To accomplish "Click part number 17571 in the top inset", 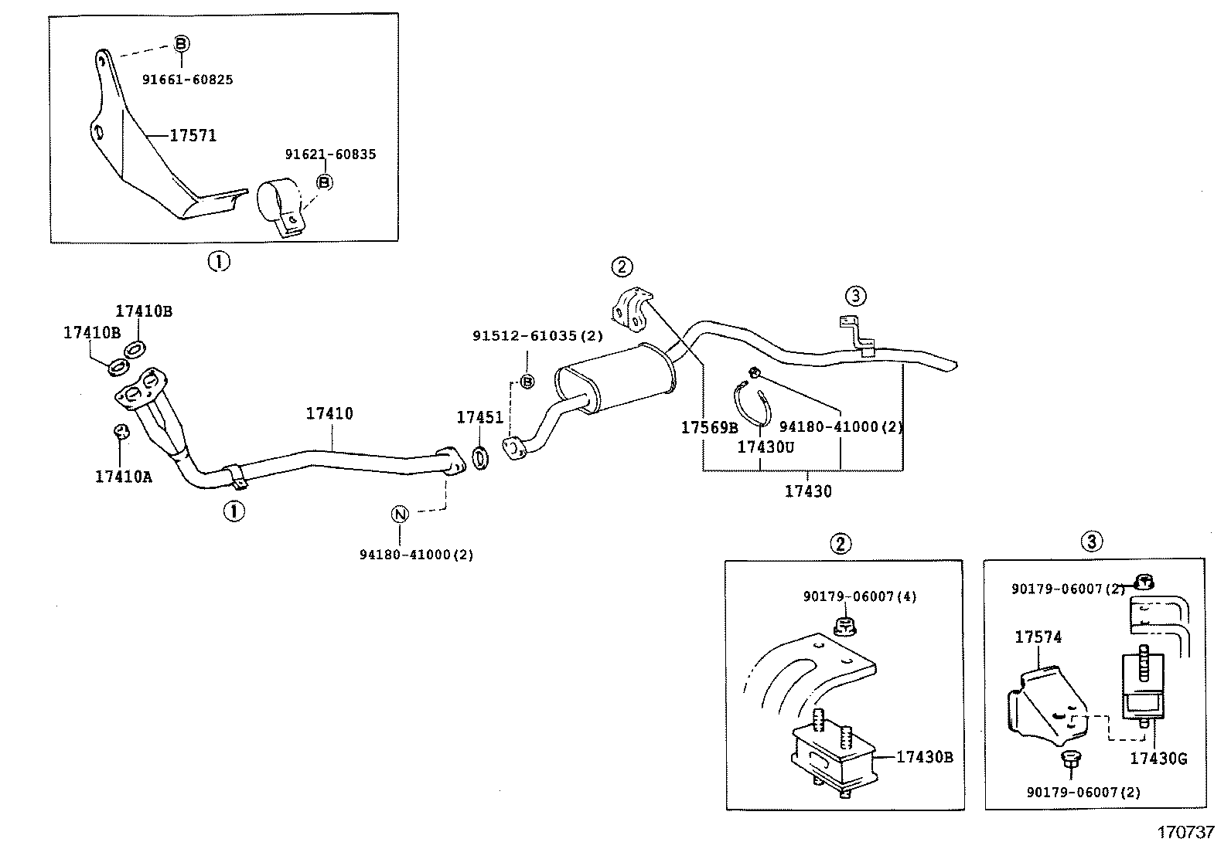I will tap(193, 136).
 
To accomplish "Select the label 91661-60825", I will tap(187, 80).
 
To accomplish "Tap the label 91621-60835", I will tap(330, 155).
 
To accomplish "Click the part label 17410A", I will tap(124, 477).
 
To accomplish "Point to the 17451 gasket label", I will tap(479, 418).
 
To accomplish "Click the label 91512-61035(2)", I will tap(537, 336).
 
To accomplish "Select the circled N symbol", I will tap(399, 514).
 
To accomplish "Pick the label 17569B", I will tap(709, 427).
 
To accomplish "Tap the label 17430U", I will tap(765, 447).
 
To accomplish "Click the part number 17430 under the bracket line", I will tap(808, 491).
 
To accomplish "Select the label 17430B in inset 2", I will tap(924, 757).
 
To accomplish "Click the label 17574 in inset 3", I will tap(1038, 637).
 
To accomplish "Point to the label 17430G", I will tap(1158, 759).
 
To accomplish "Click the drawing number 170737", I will tap(1185, 834).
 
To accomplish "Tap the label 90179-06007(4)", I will tap(859, 596).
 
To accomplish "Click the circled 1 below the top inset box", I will tap(219, 262).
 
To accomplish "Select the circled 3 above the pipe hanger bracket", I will tap(854, 295).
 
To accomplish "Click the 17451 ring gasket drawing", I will tap(479, 457).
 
